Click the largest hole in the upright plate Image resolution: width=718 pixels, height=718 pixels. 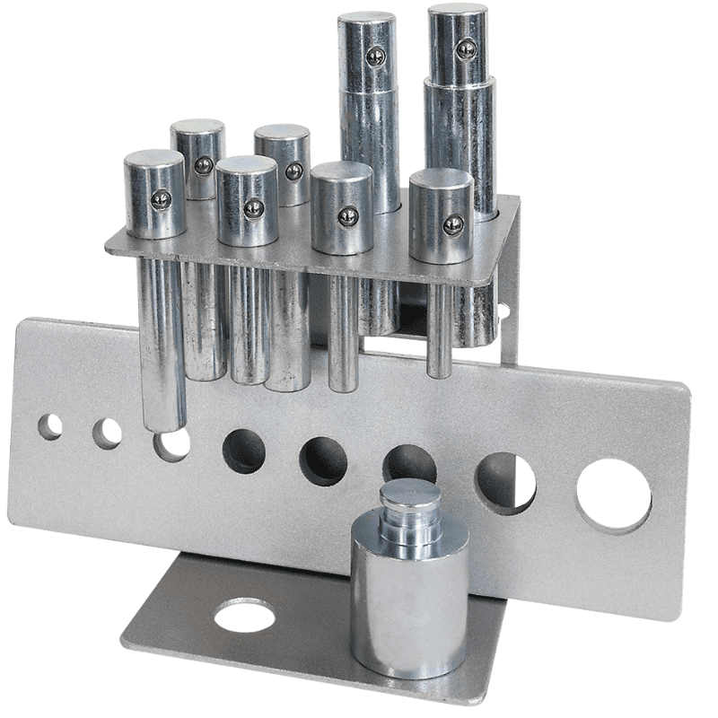tap(614, 495)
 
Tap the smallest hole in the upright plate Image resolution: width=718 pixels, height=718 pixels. tap(50, 426)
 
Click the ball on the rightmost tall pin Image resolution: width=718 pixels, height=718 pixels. tap(466, 49)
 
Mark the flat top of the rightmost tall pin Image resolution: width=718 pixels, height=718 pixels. tap(457, 13)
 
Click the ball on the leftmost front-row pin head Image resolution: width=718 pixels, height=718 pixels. tap(162, 199)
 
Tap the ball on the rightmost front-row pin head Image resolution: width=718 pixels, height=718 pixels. tap(453, 224)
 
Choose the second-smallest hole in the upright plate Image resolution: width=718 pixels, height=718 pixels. tap(107, 433)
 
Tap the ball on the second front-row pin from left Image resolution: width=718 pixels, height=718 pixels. tap(254, 208)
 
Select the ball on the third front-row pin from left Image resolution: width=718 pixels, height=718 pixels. tap(348, 216)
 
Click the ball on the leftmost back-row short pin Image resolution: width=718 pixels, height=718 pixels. tap(204, 165)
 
